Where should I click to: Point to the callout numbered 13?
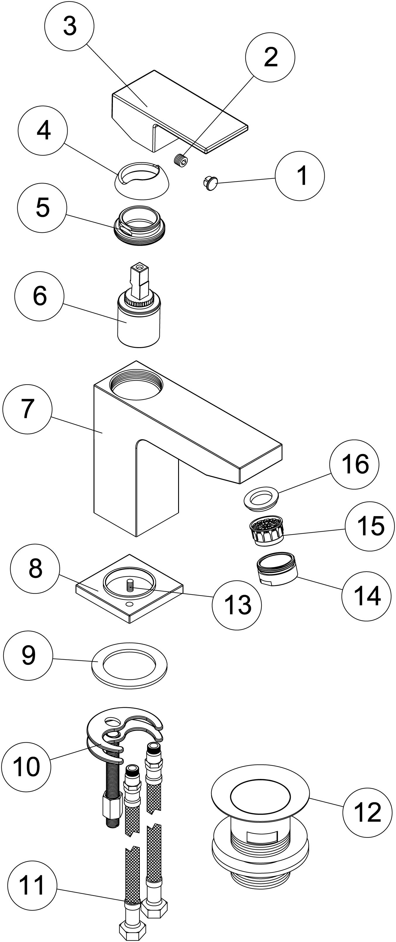[x=237, y=605]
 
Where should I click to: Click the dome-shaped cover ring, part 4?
[x=142, y=181]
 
